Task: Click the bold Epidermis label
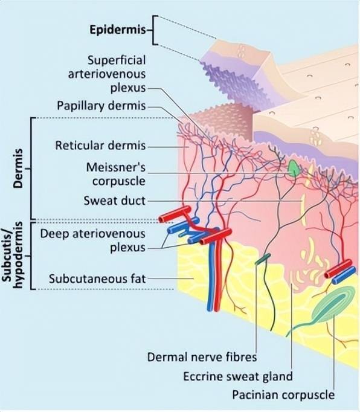(x=117, y=30)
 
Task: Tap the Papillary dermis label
(x=101, y=106)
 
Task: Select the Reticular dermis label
(x=100, y=146)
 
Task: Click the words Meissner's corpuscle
(x=115, y=174)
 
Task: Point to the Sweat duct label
(x=115, y=201)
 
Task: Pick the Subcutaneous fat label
(x=97, y=278)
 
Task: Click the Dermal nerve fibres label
(x=202, y=357)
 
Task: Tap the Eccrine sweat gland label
(x=238, y=376)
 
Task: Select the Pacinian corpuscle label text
(x=283, y=394)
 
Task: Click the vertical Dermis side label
(x=18, y=169)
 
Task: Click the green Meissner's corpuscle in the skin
(x=294, y=169)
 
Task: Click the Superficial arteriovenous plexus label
(x=107, y=74)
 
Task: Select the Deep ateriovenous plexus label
(x=92, y=240)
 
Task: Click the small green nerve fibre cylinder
(x=263, y=259)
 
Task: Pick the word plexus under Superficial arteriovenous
(x=128, y=88)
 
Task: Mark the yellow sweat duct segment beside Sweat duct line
(x=303, y=210)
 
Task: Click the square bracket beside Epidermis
(x=155, y=30)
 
